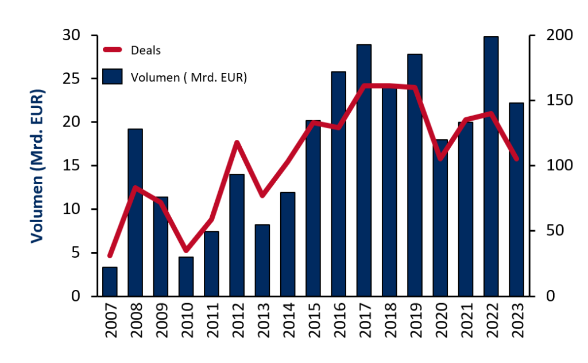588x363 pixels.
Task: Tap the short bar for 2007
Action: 110,282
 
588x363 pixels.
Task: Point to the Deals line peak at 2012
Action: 237,142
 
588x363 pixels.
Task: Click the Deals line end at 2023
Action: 516,159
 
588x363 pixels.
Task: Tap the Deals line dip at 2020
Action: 440,159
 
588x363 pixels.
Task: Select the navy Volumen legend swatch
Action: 113,77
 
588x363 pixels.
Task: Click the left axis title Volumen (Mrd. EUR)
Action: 37,166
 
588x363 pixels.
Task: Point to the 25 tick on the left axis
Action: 72,79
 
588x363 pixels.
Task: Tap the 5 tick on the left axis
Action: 76,253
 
